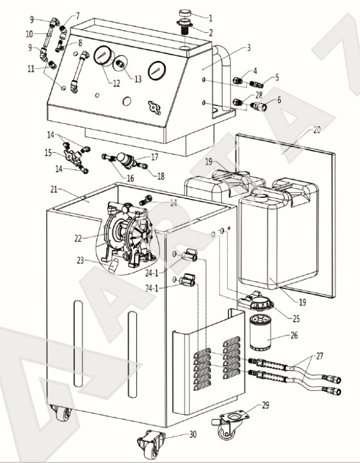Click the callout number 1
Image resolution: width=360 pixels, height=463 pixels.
(211, 18)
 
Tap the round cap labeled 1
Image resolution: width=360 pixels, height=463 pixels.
(185, 13)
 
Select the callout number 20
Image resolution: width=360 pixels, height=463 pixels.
(317, 130)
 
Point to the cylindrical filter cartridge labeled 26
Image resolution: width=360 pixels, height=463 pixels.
(260, 333)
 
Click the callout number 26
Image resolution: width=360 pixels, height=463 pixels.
(294, 336)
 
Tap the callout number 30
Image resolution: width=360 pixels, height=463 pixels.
(193, 434)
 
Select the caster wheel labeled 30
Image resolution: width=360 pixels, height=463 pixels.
(151, 444)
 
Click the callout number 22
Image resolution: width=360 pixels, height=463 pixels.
(78, 239)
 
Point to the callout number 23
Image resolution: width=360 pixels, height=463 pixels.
(80, 261)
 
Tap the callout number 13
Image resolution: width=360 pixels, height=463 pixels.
(138, 79)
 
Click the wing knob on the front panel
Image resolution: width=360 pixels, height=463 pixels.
(155, 108)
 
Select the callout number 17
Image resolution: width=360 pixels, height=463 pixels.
(155, 157)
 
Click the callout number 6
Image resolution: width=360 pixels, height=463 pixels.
(279, 100)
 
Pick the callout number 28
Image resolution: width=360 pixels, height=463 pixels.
(258, 95)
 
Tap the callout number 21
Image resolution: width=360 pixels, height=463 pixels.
(54, 189)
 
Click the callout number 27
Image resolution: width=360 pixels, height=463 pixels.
(320, 356)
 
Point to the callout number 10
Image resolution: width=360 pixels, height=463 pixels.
(29, 34)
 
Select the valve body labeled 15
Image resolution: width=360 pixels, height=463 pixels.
(73, 156)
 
